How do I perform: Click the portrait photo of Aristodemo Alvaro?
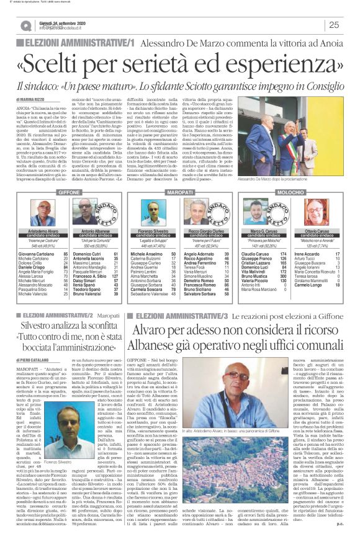[x=47, y=209]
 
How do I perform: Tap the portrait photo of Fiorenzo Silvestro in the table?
[x=153, y=209]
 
